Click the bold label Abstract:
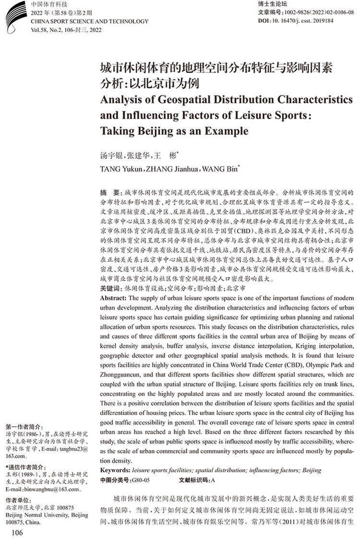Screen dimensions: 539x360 (x=114, y=298)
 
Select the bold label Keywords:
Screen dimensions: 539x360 (x=116, y=470)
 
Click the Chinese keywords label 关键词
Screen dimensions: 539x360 (x=111, y=289)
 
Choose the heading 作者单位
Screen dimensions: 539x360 (x=18, y=500)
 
